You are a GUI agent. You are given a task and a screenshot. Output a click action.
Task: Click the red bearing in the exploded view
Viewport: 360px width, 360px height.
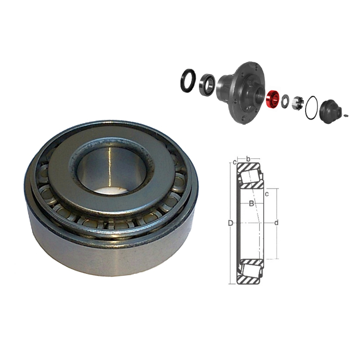(x=272, y=99)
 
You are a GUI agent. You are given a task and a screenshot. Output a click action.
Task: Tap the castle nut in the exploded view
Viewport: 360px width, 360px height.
(x=298, y=103)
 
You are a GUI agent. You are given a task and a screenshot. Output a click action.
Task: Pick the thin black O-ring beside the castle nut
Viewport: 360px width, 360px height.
(x=311, y=108)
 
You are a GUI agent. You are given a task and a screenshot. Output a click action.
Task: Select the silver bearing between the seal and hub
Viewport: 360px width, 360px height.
(x=207, y=85)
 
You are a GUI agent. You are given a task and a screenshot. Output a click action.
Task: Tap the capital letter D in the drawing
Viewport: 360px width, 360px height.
(x=231, y=223)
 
